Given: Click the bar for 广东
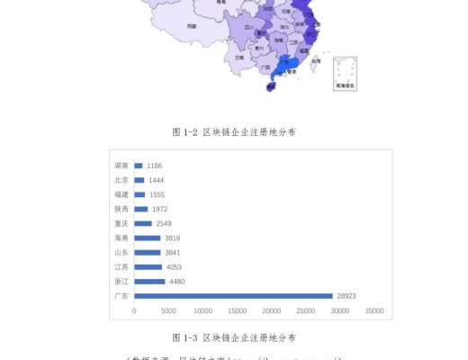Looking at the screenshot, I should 233,296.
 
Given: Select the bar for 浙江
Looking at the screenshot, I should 149,282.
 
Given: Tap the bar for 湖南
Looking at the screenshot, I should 139,166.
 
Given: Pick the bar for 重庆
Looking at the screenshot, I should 142,223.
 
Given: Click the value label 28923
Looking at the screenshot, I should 347,296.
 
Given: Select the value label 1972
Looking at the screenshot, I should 160,209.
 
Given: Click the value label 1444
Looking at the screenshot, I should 156,180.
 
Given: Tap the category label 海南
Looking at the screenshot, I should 121,238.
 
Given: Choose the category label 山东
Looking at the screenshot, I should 121,253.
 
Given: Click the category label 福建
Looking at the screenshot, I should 121,194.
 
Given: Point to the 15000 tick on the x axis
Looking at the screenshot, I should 237,311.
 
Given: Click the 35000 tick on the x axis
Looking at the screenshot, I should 374,311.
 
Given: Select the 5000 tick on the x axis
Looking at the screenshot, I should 168,311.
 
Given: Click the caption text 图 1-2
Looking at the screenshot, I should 184,132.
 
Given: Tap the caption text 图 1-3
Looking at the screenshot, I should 184,337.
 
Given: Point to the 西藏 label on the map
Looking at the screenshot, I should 192,27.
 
